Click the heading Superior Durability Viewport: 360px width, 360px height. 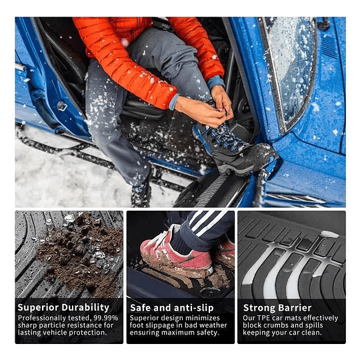point(63,307)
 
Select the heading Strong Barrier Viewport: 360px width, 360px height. point(277,307)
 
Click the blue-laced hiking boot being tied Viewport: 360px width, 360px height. point(233,143)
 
